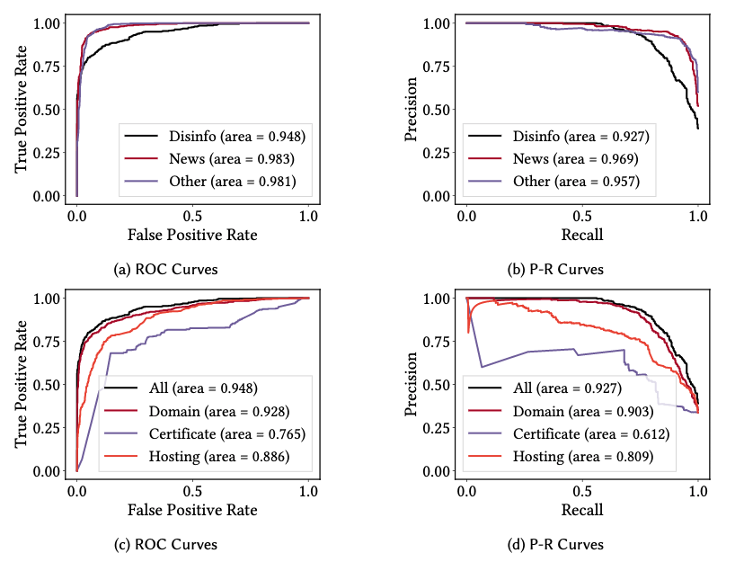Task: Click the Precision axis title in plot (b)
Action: click(412, 109)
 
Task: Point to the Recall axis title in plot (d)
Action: click(582, 510)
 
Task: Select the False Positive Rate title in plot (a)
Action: click(193, 235)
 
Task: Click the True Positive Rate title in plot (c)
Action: click(22, 384)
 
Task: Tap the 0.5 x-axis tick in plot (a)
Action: click(193, 217)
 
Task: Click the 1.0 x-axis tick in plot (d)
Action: click(698, 492)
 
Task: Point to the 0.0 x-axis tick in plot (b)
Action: click(466, 217)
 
